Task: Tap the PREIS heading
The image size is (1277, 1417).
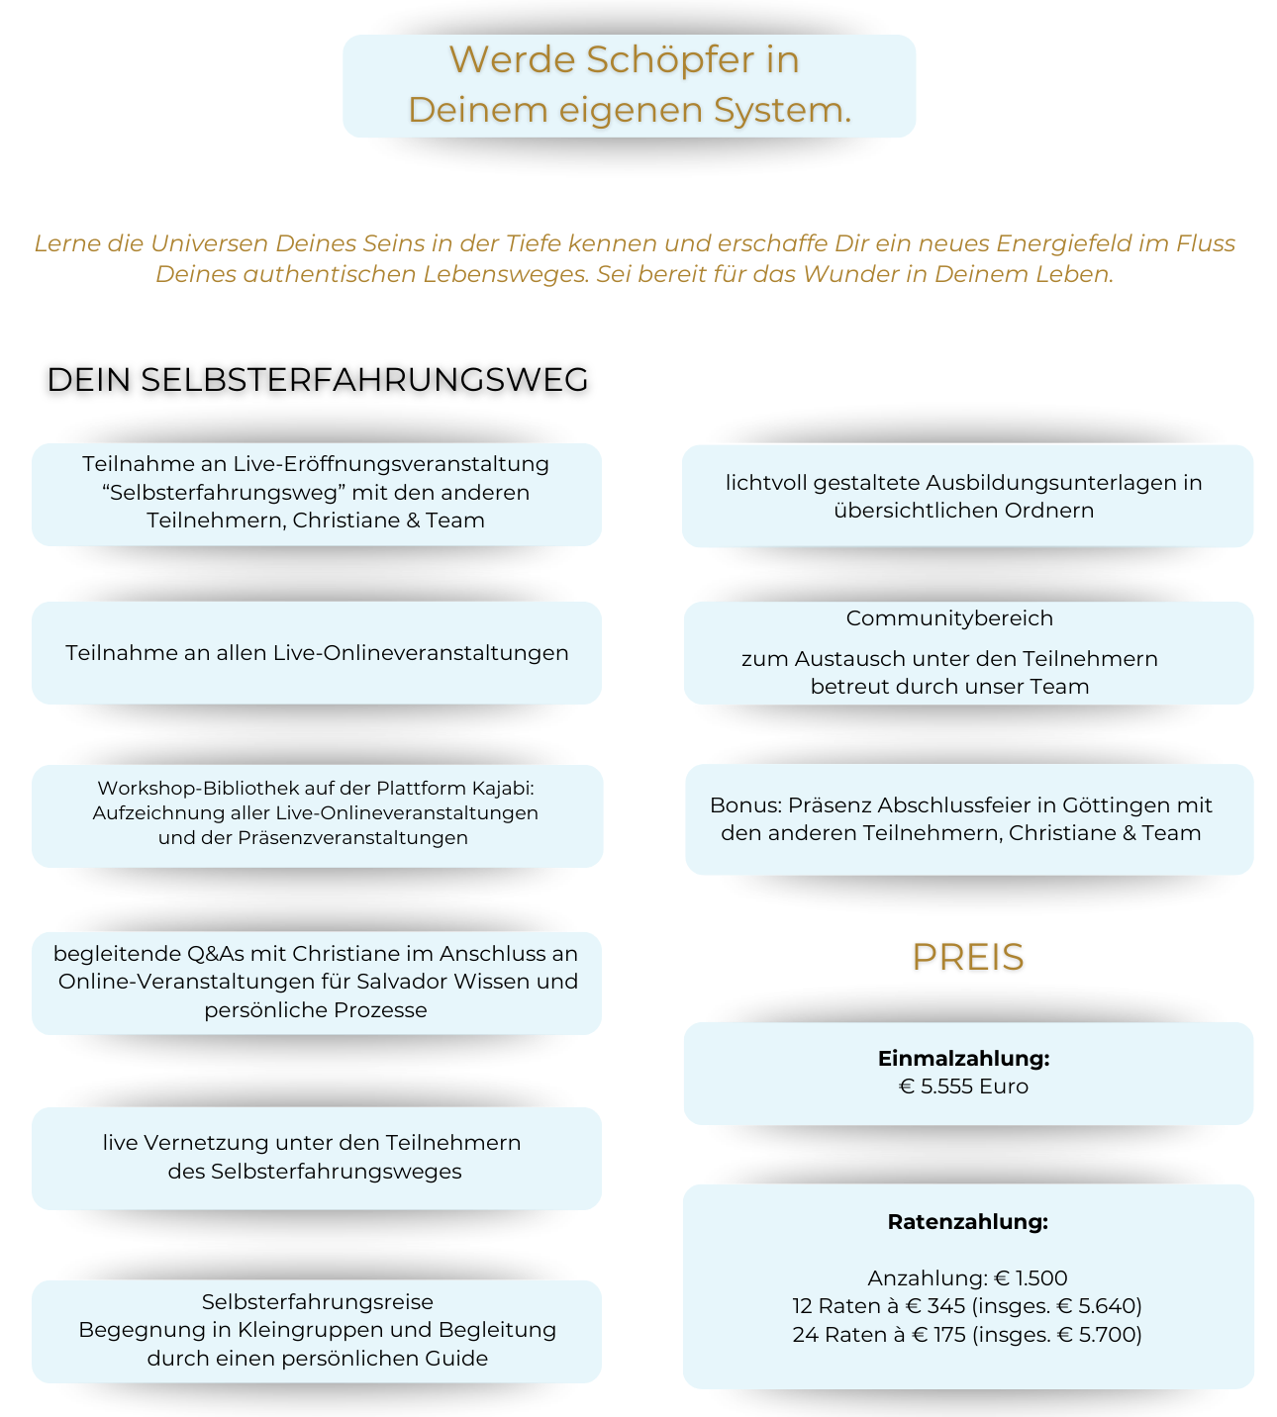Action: (x=967, y=957)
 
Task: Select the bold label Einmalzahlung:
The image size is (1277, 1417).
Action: (x=963, y=1059)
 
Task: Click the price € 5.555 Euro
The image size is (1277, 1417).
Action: (x=963, y=1086)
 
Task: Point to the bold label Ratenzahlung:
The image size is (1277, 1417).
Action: (x=967, y=1222)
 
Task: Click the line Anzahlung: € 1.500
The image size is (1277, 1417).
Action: (x=967, y=1278)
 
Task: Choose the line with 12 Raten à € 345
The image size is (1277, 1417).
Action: (x=967, y=1306)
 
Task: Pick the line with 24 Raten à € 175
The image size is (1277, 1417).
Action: (x=967, y=1335)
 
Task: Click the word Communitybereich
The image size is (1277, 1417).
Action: (x=949, y=618)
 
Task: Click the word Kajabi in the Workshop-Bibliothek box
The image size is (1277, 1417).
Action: (x=502, y=789)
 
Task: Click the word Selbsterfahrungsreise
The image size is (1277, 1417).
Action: (x=317, y=1302)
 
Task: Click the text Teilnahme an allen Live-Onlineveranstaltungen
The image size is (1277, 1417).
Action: (x=317, y=653)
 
